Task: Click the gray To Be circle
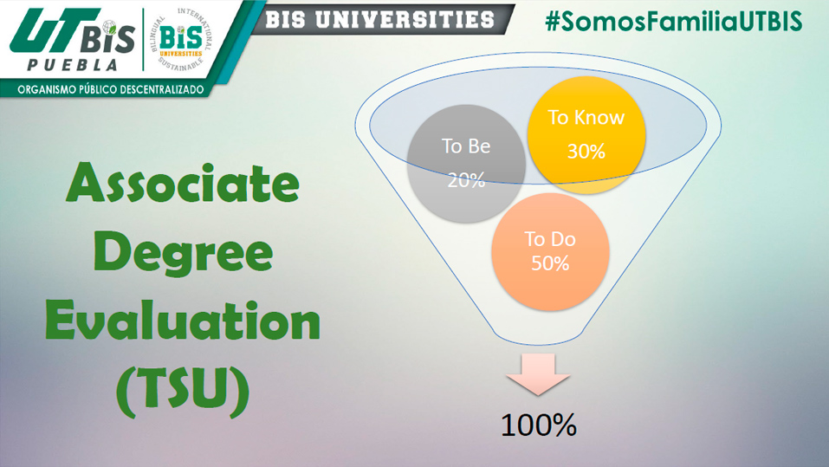coord(466,164)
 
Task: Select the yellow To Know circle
coord(586,135)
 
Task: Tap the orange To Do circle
coord(550,252)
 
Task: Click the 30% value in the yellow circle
coord(586,152)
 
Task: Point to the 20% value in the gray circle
coord(466,180)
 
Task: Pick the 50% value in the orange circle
coord(550,263)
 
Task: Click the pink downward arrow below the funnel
coord(538,374)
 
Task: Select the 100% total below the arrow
coord(538,425)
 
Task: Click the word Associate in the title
coord(183,183)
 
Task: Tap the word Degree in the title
coord(183,254)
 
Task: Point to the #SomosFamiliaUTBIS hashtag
coord(674,22)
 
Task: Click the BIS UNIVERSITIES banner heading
coord(379,20)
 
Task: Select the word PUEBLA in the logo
coord(73,65)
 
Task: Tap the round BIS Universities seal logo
coord(181,40)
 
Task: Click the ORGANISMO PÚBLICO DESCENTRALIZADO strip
coord(111,89)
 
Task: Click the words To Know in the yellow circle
coord(586,118)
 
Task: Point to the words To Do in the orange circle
coord(550,240)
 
